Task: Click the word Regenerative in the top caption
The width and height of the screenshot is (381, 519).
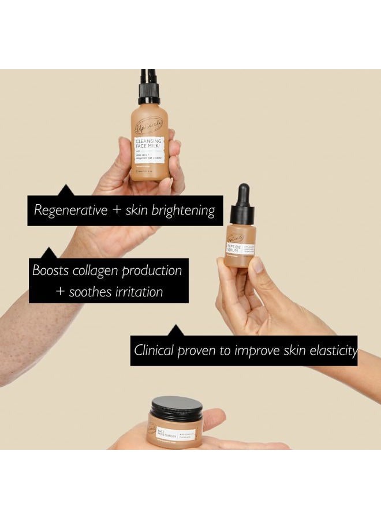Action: (x=70, y=210)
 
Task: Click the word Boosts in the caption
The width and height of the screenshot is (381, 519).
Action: (x=51, y=270)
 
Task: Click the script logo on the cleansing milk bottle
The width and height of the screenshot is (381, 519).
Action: (x=149, y=124)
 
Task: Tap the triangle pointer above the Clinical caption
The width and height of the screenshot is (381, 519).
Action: (x=174, y=330)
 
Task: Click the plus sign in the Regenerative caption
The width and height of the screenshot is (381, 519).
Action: (x=117, y=210)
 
